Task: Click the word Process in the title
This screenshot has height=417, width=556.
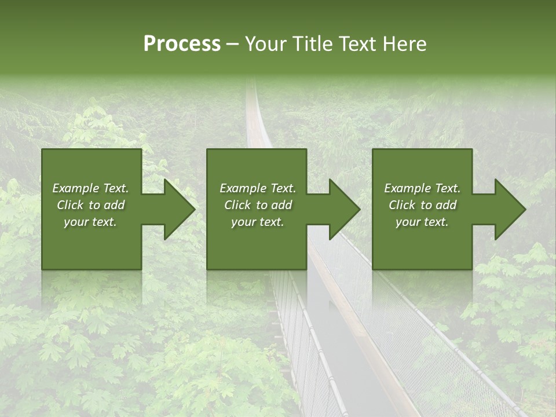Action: tap(182, 44)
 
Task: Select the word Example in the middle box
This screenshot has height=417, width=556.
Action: tap(243, 188)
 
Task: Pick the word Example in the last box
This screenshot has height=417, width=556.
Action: tap(407, 188)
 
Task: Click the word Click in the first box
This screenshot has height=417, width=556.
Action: tap(70, 205)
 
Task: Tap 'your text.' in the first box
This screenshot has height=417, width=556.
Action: tap(90, 222)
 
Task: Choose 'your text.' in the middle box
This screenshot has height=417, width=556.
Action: tap(257, 222)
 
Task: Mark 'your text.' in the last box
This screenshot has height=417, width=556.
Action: tap(422, 222)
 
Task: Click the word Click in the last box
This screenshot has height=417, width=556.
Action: tap(402, 205)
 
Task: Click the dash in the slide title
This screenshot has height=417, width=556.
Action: tap(232, 45)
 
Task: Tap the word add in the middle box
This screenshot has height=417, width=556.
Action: tap(281, 205)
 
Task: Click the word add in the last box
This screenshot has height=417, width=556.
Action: tap(445, 205)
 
